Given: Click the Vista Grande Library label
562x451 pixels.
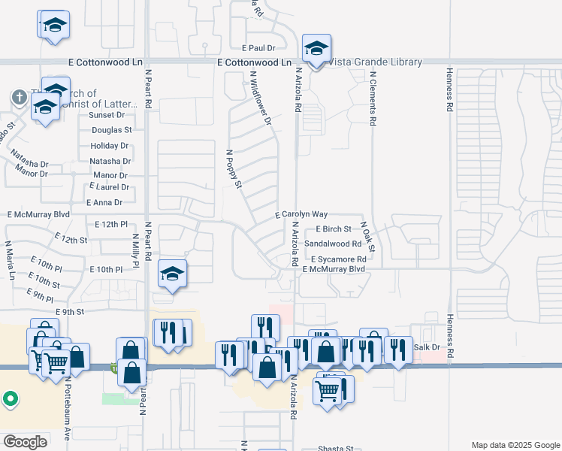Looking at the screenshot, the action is (376, 62).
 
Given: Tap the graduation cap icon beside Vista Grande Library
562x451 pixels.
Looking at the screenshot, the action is (316, 50).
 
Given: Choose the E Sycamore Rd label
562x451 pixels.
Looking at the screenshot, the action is (339, 259).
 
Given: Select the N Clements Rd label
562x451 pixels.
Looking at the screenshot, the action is (372, 98).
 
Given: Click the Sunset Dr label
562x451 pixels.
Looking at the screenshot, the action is (107, 115).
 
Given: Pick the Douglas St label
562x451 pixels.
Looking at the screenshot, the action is (111, 130).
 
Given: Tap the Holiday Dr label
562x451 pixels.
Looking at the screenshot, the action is (110, 145).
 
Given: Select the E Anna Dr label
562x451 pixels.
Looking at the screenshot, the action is (104, 202).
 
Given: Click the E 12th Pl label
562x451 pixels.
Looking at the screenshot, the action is (113, 224).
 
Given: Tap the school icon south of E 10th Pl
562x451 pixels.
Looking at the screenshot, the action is (172, 275).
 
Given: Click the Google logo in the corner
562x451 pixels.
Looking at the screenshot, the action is (25, 442).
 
